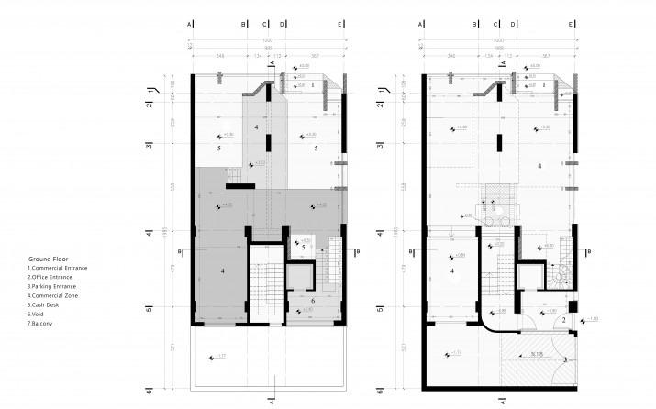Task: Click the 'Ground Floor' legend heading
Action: click(46, 260)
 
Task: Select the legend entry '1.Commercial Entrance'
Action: click(57, 268)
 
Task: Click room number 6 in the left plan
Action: click(312, 301)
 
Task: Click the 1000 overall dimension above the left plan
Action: click(267, 40)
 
